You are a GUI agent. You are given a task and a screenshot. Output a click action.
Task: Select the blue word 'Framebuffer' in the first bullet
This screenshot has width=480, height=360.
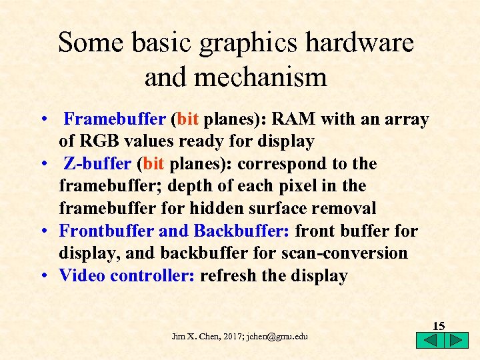[x=115, y=120]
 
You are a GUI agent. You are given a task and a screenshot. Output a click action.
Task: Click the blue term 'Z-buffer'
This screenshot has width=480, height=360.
[x=98, y=164]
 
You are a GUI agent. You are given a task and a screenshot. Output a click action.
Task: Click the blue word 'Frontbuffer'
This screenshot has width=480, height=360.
[x=107, y=231]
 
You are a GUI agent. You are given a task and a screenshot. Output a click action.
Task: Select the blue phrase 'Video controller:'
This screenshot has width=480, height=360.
[x=127, y=276]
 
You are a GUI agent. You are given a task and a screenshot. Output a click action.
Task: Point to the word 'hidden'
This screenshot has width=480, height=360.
[x=221, y=209]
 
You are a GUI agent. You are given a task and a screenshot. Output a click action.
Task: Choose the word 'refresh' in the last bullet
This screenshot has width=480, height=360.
[x=229, y=276]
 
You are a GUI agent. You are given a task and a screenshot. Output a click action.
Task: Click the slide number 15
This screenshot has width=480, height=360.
[x=439, y=326]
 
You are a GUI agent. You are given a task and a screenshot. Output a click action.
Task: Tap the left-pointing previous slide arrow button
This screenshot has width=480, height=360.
[x=430, y=340]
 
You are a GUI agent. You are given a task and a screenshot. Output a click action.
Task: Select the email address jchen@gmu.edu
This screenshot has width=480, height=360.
[x=277, y=337]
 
